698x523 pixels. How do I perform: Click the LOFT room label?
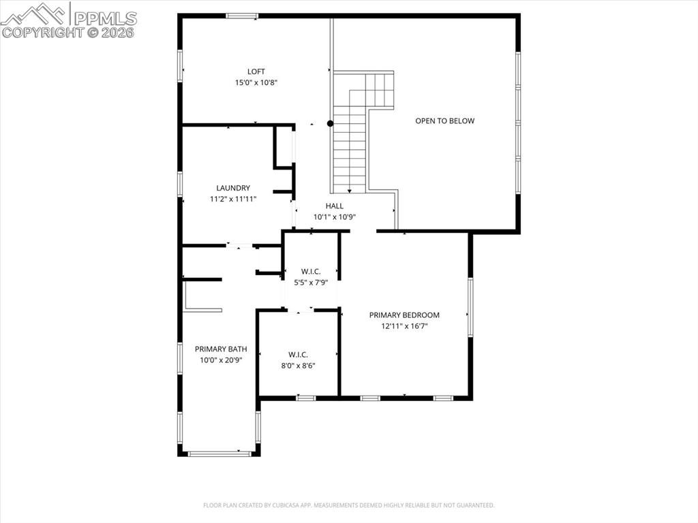[256, 72]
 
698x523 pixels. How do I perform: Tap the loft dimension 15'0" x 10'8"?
[256, 82]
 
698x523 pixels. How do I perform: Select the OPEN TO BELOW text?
[445, 121]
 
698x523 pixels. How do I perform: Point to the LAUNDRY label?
[233, 189]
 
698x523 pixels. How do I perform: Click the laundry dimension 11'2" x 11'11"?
[233, 200]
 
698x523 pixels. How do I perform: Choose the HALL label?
[335, 206]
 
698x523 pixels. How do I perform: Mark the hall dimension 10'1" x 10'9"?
[335, 217]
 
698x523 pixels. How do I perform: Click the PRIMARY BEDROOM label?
[404, 315]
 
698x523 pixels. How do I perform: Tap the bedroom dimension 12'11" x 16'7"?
[404, 326]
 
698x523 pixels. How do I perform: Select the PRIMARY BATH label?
[221, 349]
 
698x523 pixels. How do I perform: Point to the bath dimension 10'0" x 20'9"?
[221, 360]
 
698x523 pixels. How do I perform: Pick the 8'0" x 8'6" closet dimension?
[298, 366]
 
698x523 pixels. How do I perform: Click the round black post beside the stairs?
[331, 124]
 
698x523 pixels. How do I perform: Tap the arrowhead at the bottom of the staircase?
[350, 190]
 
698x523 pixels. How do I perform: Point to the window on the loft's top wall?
[242, 15]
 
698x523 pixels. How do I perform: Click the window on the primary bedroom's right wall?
[470, 306]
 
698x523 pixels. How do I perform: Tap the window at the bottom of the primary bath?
[219, 454]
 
